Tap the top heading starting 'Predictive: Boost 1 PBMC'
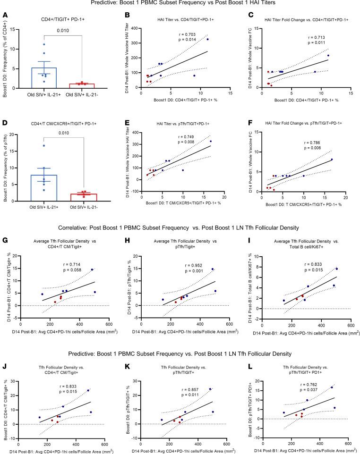[180, 4]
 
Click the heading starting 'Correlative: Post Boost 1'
[180, 228]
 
